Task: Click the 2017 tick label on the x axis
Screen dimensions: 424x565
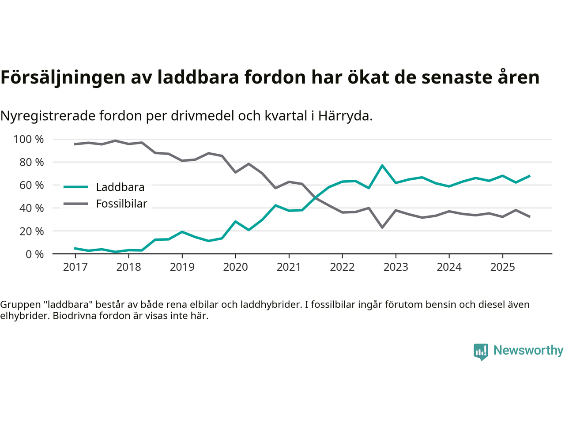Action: [x=75, y=267]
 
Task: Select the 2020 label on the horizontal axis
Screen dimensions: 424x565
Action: [x=235, y=267]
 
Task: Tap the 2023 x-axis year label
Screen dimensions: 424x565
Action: [x=395, y=267]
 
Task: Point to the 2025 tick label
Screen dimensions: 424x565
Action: [x=502, y=267]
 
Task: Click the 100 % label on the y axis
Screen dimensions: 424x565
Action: [x=29, y=140]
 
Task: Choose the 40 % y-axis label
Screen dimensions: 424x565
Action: [x=31, y=208]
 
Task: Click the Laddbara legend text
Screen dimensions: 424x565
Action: [x=120, y=187]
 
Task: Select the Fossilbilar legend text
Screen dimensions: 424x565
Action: [x=121, y=204]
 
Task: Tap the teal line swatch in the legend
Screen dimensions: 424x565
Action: [x=76, y=187]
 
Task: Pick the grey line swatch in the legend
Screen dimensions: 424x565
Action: [x=76, y=204]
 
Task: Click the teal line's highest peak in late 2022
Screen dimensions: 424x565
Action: [x=382, y=166]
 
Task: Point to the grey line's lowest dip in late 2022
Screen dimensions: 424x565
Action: [x=382, y=227]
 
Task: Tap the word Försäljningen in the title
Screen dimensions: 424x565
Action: [x=63, y=77]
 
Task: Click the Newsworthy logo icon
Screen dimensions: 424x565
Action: [x=481, y=352]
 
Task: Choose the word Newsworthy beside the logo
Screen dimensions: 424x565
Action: [x=528, y=350]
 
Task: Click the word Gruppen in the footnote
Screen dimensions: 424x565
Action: [x=19, y=304]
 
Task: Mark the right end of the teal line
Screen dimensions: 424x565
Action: [x=529, y=176]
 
